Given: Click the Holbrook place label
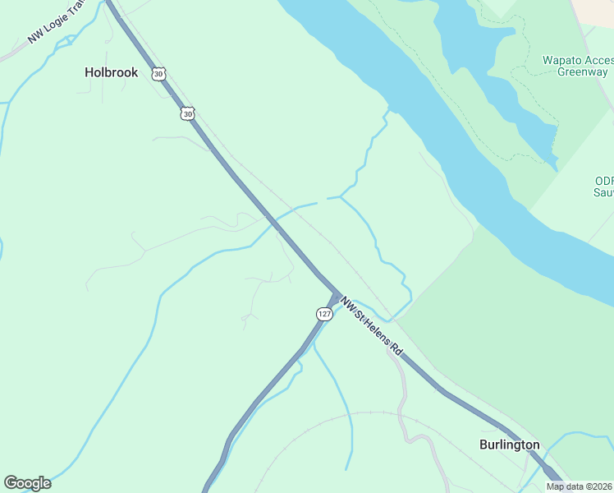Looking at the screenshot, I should pyautogui.click(x=112, y=72).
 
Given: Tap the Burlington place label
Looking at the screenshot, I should pyautogui.click(x=509, y=445).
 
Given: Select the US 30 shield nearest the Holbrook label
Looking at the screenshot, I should pyautogui.click(x=158, y=74).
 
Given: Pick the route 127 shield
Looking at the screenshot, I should pyautogui.click(x=324, y=314).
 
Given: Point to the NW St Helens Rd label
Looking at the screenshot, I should pyautogui.click(x=373, y=327).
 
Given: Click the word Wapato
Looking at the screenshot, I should pyautogui.click(x=562, y=61).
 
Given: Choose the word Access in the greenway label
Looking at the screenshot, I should pyautogui.click(x=599, y=61).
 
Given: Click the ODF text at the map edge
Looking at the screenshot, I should pyautogui.click(x=604, y=182).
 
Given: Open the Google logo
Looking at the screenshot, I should pyautogui.click(x=27, y=483).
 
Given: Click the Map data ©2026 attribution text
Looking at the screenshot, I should pyautogui.click(x=580, y=486).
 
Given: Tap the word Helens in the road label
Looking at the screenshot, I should pyautogui.click(x=376, y=329).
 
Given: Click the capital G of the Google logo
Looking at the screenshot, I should pyautogui.click(x=11, y=483).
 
